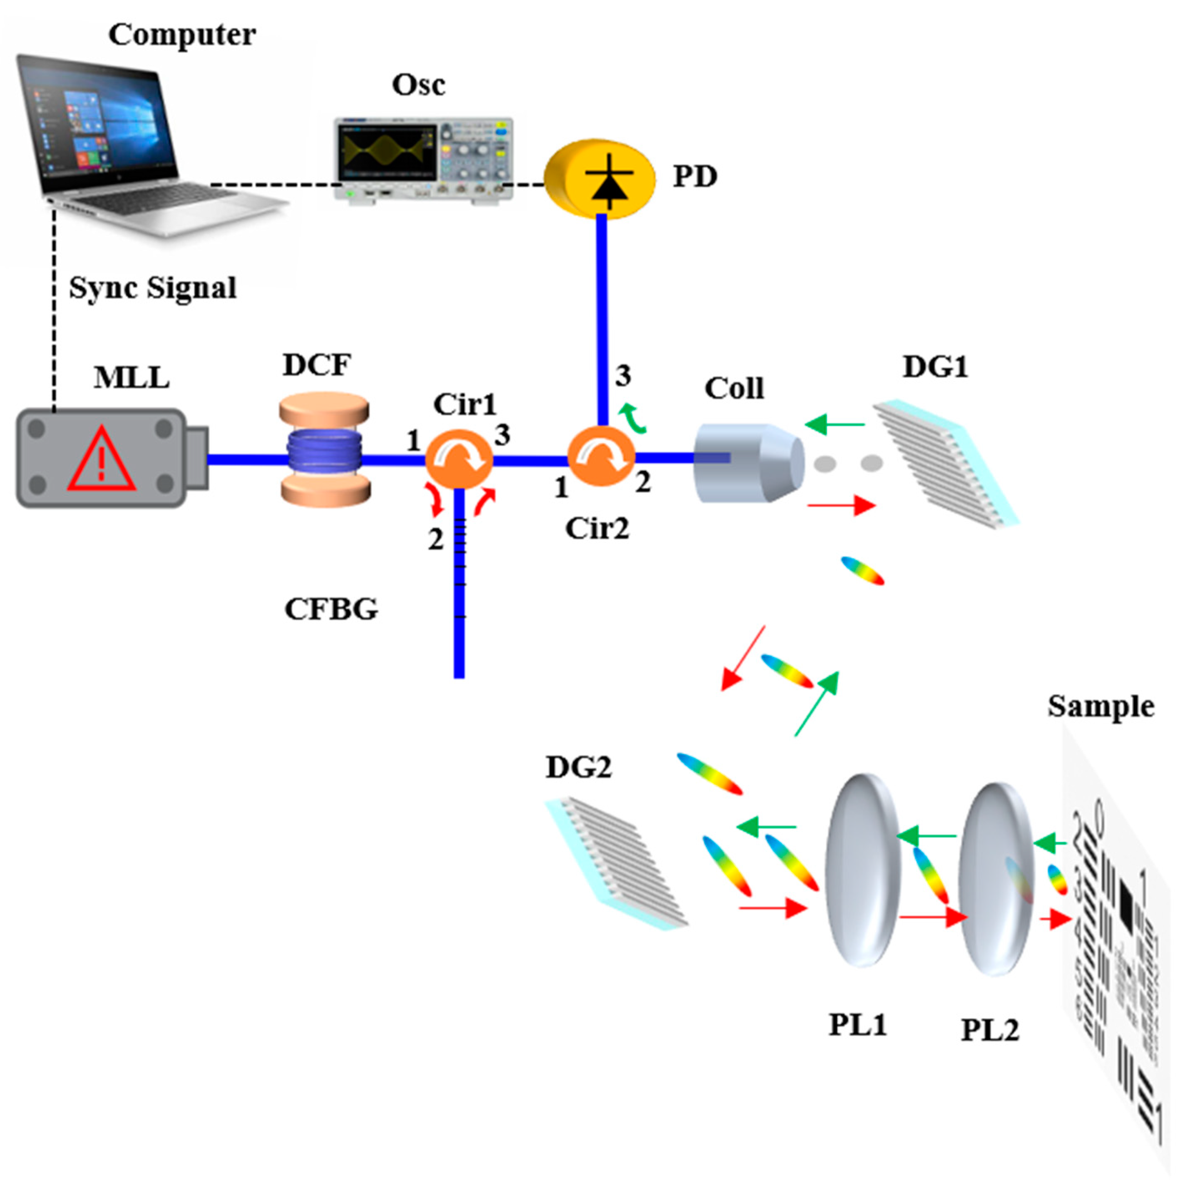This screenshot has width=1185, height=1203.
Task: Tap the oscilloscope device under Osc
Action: [x=423, y=159]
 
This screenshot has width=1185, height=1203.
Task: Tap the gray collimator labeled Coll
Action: [x=747, y=462]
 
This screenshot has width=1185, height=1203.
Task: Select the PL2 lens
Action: [x=994, y=877]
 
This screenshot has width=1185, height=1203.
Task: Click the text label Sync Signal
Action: [x=153, y=288]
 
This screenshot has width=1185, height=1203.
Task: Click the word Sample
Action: [x=1100, y=707]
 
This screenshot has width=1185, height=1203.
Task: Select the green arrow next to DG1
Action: [x=834, y=425]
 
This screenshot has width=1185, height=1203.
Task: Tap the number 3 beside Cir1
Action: [x=502, y=436]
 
